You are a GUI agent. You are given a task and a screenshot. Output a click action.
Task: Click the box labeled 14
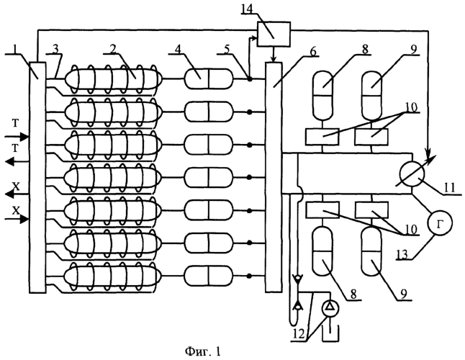click(274, 34)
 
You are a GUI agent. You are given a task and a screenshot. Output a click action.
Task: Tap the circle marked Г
click(440, 223)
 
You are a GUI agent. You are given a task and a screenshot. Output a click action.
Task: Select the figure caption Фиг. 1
click(203, 351)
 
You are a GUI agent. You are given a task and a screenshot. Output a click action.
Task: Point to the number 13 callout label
click(402, 254)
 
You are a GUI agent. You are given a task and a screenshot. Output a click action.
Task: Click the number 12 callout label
click(299, 335)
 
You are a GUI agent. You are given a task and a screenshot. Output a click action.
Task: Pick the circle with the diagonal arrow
click(412, 174)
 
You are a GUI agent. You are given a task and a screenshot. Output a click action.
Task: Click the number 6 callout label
click(311, 51)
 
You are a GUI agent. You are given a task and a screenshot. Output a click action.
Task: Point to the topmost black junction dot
click(250, 79)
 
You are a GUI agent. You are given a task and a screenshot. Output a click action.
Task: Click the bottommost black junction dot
click(250, 276)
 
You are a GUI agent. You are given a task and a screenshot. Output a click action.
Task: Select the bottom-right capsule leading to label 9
click(371, 251)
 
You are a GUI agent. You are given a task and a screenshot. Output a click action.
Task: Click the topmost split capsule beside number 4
click(209, 78)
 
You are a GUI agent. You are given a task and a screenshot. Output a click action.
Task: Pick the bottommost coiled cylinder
click(114, 276)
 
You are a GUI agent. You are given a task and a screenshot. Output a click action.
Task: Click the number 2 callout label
click(112, 50)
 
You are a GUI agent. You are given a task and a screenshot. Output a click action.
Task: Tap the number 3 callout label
click(55, 50)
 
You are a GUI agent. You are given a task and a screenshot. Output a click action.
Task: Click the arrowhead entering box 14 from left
click(254, 37)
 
